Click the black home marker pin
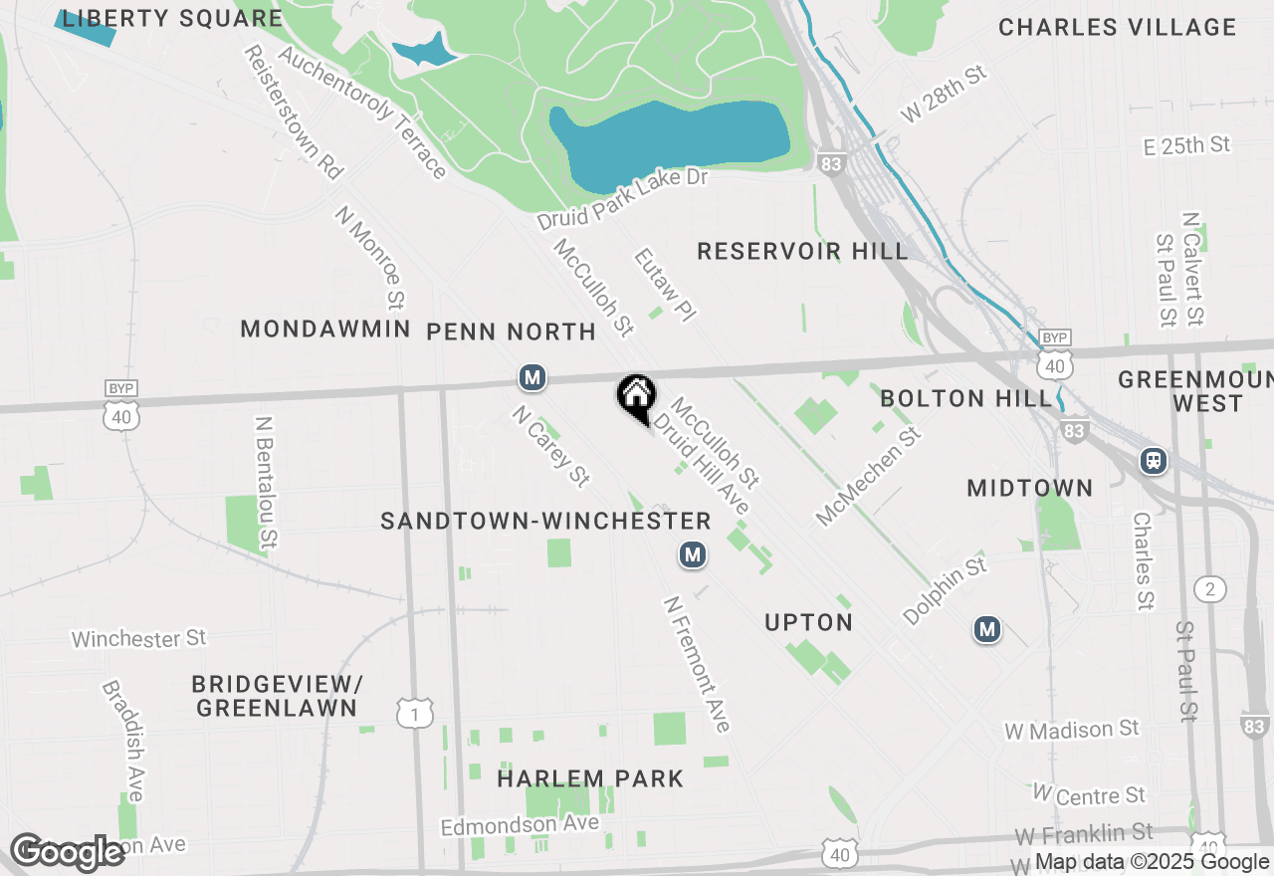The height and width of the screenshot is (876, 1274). (x=635, y=396)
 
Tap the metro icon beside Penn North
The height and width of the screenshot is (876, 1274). (x=532, y=377)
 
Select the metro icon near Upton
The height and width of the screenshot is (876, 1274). (x=693, y=554)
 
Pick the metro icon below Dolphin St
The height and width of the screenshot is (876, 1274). (x=986, y=629)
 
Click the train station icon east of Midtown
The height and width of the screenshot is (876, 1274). (x=1154, y=461)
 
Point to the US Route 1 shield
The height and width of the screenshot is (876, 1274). (x=415, y=713)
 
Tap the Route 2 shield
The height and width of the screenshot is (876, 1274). (x=1210, y=589)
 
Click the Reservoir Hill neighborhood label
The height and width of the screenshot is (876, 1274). (x=802, y=251)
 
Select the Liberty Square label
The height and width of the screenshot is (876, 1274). (x=172, y=18)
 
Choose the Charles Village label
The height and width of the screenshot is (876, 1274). (x=1116, y=27)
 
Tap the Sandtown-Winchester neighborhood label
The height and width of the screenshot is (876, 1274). (x=545, y=521)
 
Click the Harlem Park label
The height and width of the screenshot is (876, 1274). (x=590, y=777)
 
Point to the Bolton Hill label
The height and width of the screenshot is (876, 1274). (x=965, y=398)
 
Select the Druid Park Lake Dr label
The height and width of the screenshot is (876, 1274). (x=621, y=199)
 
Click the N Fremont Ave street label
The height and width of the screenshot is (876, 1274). (x=698, y=664)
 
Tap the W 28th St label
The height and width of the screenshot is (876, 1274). (x=943, y=94)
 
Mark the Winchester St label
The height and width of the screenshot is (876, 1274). (x=138, y=637)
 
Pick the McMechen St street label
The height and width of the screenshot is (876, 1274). (x=867, y=472)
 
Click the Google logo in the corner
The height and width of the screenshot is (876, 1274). (x=68, y=852)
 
